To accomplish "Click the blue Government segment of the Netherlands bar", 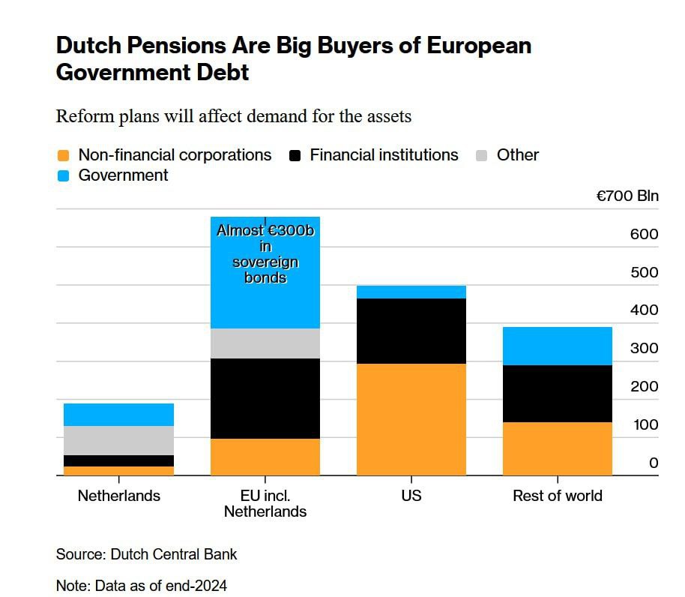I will tap(118, 415).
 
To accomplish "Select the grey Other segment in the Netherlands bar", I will tap(118, 440).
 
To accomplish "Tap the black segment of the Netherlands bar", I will tap(118, 460).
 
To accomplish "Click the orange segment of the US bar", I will tap(411, 419).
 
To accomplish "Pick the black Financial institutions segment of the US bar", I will tap(411, 331).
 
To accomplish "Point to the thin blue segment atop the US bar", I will tap(411, 292).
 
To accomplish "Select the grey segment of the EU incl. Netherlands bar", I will tap(265, 343).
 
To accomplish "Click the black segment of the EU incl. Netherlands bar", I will tap(265, 398).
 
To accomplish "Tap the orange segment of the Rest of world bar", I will tap(557, 448).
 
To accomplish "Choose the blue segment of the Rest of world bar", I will tap(557, 346).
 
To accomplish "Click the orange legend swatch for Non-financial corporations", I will tap(64, 156).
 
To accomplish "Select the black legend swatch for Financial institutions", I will tap(295, 156).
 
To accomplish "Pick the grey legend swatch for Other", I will tap(482, 156).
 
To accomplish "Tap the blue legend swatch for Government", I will tap(64, 176).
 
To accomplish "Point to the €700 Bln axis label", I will tap(627, 196).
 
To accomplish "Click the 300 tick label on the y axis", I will tap(644, 348).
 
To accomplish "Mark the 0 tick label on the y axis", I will tap(654, 463).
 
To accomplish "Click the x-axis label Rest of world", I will tap(557, 496).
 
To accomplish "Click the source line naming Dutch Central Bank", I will tap(146, 555).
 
